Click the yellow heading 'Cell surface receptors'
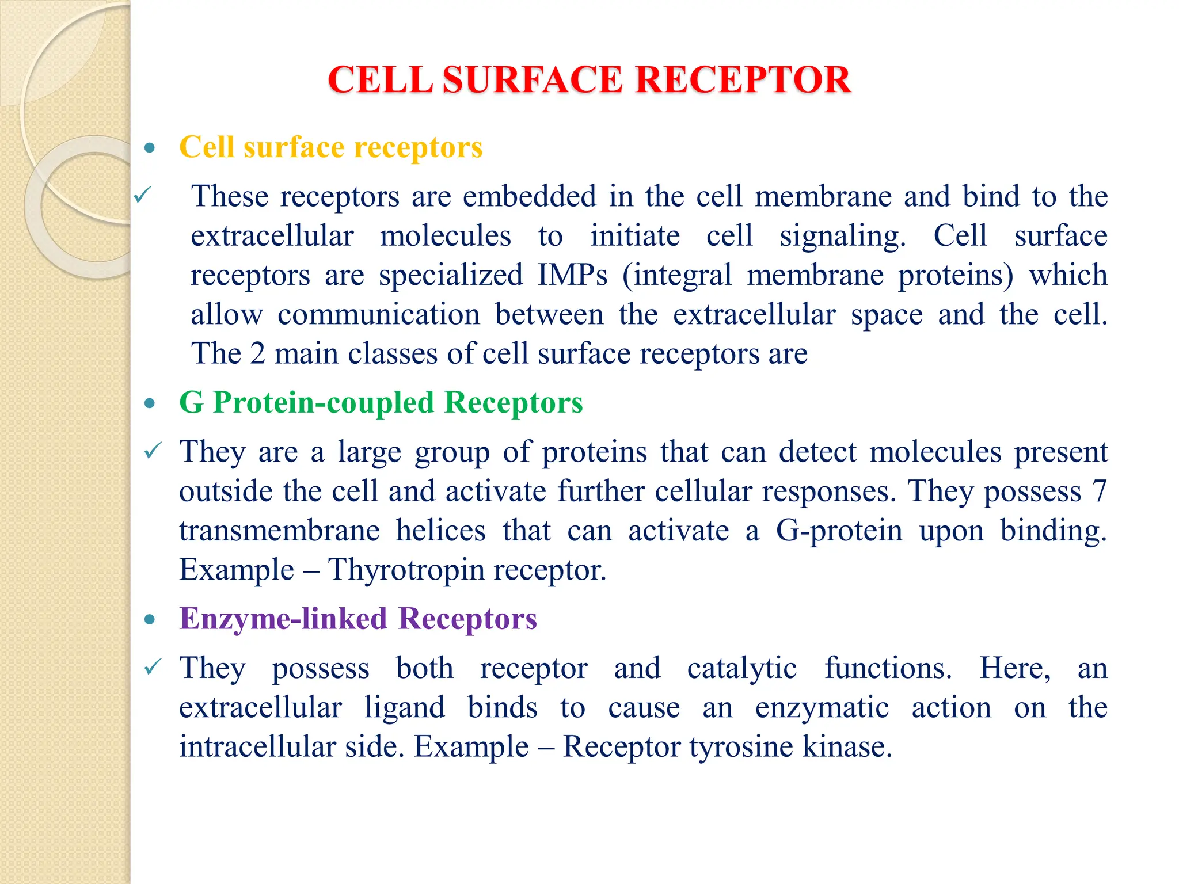tap(331, 147)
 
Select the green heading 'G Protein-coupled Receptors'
tap(381, 402)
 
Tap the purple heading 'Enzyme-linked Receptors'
tap(358, 619)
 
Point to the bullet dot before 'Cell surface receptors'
tap(150, 148)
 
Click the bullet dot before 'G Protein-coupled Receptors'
tap(150, 404)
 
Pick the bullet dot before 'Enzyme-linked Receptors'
tap(150, 620)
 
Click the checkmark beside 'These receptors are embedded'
tap(142, 196)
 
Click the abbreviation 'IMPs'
tap(572, 275)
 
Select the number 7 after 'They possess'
tap(1100, 491)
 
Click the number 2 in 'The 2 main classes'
tap(257, 354)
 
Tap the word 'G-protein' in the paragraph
tap(839, 531)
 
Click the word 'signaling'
tap(842, 237)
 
